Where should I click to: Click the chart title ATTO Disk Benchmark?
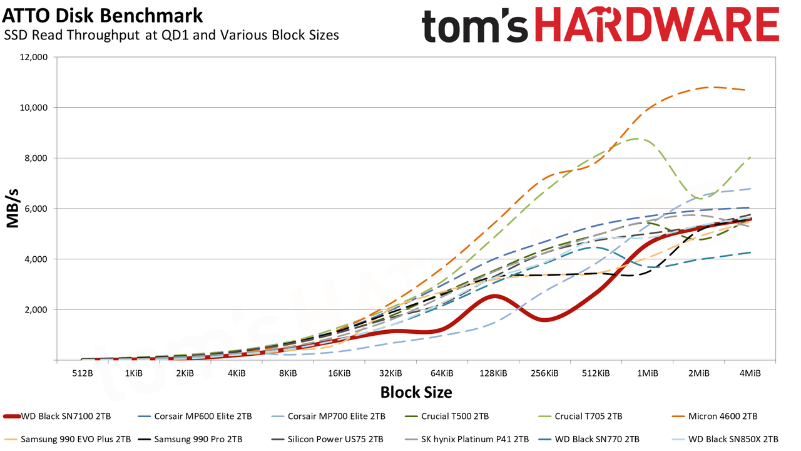click(x=102, y=16)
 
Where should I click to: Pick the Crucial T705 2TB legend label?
click(x=589, y=417)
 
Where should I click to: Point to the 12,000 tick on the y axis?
click(x=33, y=57)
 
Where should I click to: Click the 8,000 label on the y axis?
click(x=35, y=158)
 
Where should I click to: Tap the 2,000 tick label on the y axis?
click(x=35, y=310)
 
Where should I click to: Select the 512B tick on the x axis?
click(x=83, y=374)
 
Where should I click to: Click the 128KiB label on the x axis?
click(x=493, y=374)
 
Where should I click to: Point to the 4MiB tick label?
click(x=750, y=374)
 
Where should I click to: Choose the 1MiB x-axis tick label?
click(x=647, y=374)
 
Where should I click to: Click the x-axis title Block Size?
click(x=416, y=392)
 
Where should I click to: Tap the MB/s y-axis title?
click(x=13, y=209)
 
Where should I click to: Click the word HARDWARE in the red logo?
click(x=657, y=24)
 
